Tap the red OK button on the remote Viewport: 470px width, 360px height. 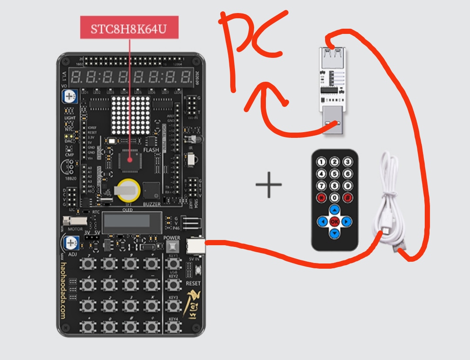334,222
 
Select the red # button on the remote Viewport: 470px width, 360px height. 347,197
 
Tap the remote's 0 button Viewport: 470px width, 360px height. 334,197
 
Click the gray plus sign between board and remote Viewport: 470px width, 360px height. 269,184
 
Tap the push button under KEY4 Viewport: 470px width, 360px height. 173,326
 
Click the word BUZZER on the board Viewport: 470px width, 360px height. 152,203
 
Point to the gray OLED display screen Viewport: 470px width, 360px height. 131,223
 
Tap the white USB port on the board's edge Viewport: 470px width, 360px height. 195,246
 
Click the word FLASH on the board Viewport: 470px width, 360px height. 151,150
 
